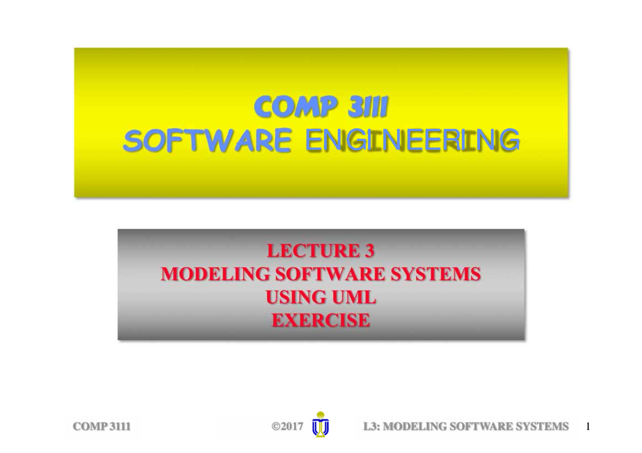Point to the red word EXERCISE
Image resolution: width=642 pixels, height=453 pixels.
point(320,320)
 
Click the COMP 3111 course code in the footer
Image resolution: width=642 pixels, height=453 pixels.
point(102,427)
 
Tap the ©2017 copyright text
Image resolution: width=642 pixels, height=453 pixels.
point(287,427)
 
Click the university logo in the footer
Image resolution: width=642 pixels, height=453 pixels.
point(320,425)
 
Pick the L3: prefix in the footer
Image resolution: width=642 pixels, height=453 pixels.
point(372,427)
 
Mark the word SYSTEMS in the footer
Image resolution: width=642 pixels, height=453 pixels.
point(540,427)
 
